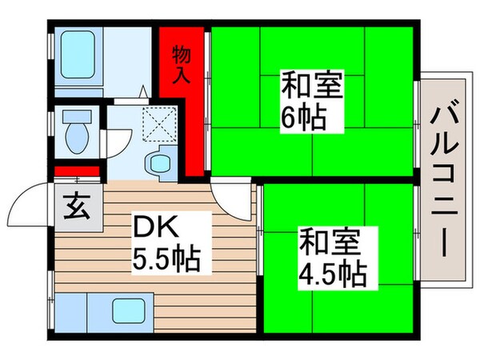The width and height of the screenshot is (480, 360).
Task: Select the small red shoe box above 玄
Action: tap(77, 170)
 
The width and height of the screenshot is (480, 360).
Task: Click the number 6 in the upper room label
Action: tap(286, 119)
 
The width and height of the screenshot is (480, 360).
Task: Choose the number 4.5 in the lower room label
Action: tap(317, 274)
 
